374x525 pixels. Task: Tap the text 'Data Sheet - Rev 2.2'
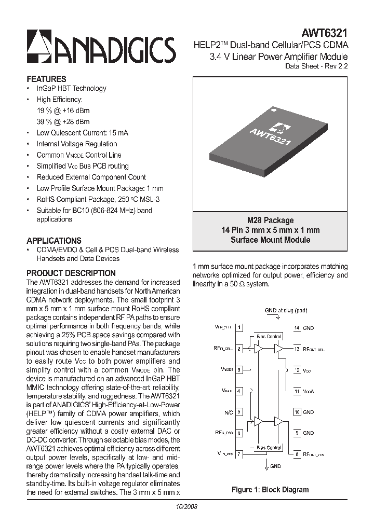tap(316, 66)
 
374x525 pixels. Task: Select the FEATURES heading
tap(46, 79)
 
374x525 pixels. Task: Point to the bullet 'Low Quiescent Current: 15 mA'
tap(82, 133)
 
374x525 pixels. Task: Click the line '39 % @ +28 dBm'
tap(63, 121)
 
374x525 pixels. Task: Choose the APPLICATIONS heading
tap(54, 241)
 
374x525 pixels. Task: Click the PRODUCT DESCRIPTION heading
tap(71, 273)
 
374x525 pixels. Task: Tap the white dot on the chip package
tap(271, 109)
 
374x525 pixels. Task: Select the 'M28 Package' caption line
tap(270, 220)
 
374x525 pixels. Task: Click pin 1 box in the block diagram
tap(239, 328)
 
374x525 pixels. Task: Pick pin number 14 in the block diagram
tap(297, 328)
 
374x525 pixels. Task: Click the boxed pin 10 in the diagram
tap(297, 412)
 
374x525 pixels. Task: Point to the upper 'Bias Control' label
tap(269, 337)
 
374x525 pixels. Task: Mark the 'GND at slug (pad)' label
tap(286, 311)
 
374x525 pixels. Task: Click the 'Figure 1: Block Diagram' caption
tap(270, 489)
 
